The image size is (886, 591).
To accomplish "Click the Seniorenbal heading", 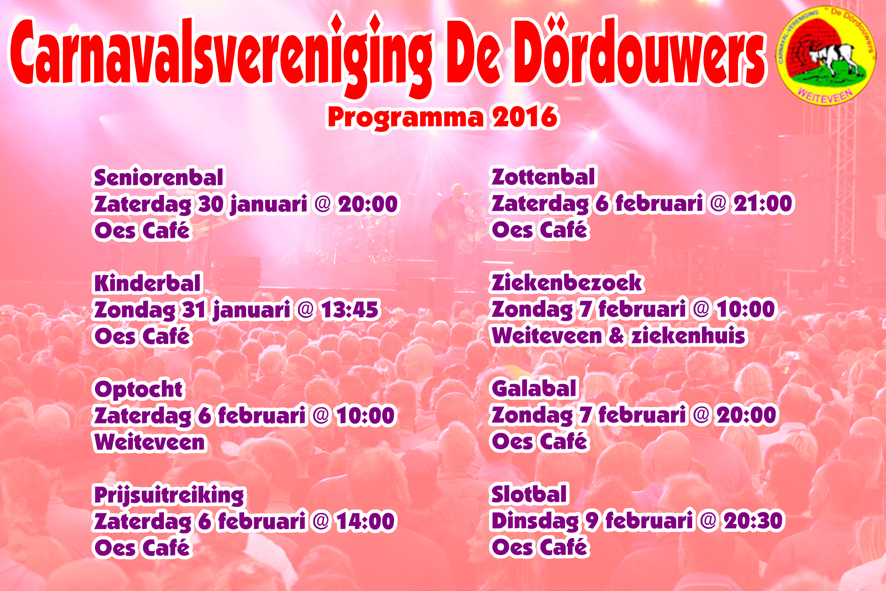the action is [x=158, y=178].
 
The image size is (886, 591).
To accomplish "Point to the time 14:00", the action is [x=365, y=521].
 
